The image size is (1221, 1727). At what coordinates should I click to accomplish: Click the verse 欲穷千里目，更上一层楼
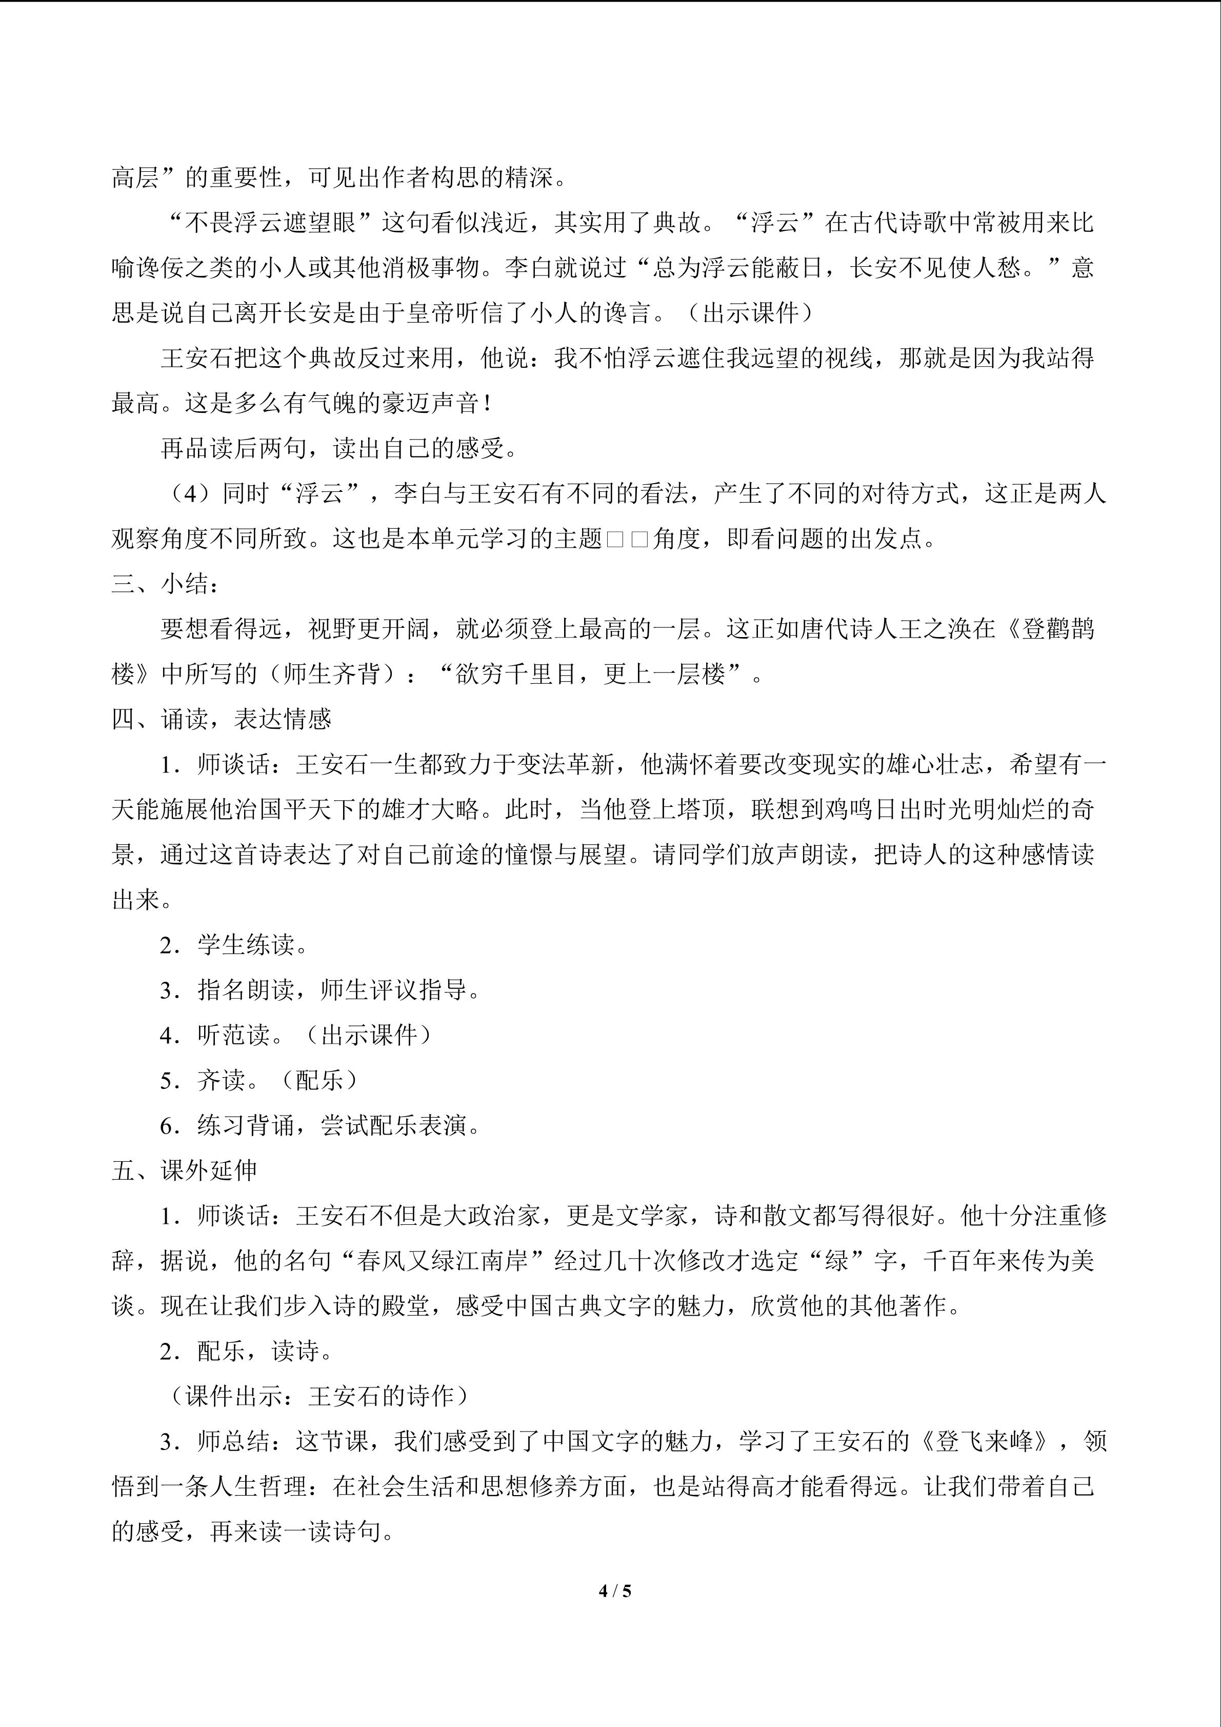590,674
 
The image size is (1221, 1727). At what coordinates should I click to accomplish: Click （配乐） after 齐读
319,1080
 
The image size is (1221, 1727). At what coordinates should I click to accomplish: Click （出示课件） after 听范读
369,1035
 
